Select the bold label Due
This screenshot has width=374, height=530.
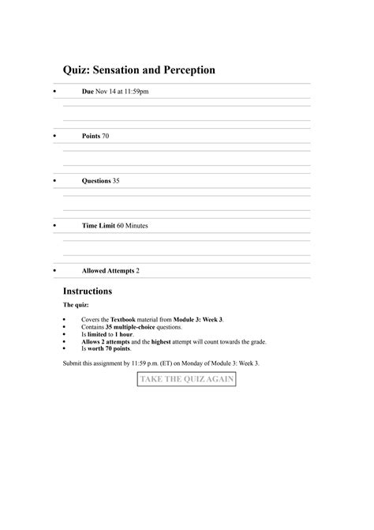(88, 92)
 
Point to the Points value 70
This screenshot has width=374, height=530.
(106, 136)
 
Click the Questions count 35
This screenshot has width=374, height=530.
(116, 181)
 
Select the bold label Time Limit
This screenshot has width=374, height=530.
(99, 226)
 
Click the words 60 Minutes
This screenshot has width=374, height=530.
(132, 226)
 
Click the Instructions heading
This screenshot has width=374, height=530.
(88, 291)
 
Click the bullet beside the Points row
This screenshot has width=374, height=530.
(53, 137)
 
